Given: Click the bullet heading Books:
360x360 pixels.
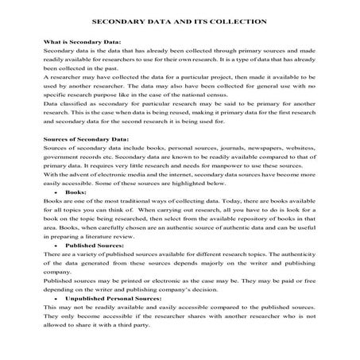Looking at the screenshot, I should [x=75, y=192].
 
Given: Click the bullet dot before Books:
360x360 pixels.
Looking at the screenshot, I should [x=54, y=192].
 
